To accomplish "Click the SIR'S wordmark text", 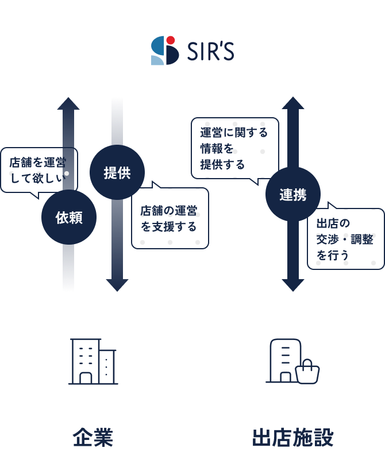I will (x=210, y=52).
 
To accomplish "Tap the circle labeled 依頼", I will (x=69, y=218).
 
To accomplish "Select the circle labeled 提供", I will (x=117, y=173).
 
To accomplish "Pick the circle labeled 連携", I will (x=292, y=195).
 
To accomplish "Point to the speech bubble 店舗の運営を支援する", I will (x=170, y=219).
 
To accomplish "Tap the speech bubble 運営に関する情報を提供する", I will (x=234, y=148).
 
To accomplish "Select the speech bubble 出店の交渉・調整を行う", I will (x=345, y=238).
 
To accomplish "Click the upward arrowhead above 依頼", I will (x=68, y=103).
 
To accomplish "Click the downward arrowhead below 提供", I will (x=117, y=284).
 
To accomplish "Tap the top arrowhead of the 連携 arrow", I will (x=292, y=103).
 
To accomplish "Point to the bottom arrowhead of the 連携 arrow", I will (x=292, y=284).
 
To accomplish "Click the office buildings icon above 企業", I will (x=93, y=361).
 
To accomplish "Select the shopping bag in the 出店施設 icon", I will (x=307, y=373).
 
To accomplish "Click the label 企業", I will (x=93, y=438).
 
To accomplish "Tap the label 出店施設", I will (x=292, y=438).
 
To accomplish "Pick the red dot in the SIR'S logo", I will (x=171, y=40).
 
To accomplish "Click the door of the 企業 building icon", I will (x=86, y=378).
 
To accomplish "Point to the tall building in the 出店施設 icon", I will (x=284, y=359).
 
